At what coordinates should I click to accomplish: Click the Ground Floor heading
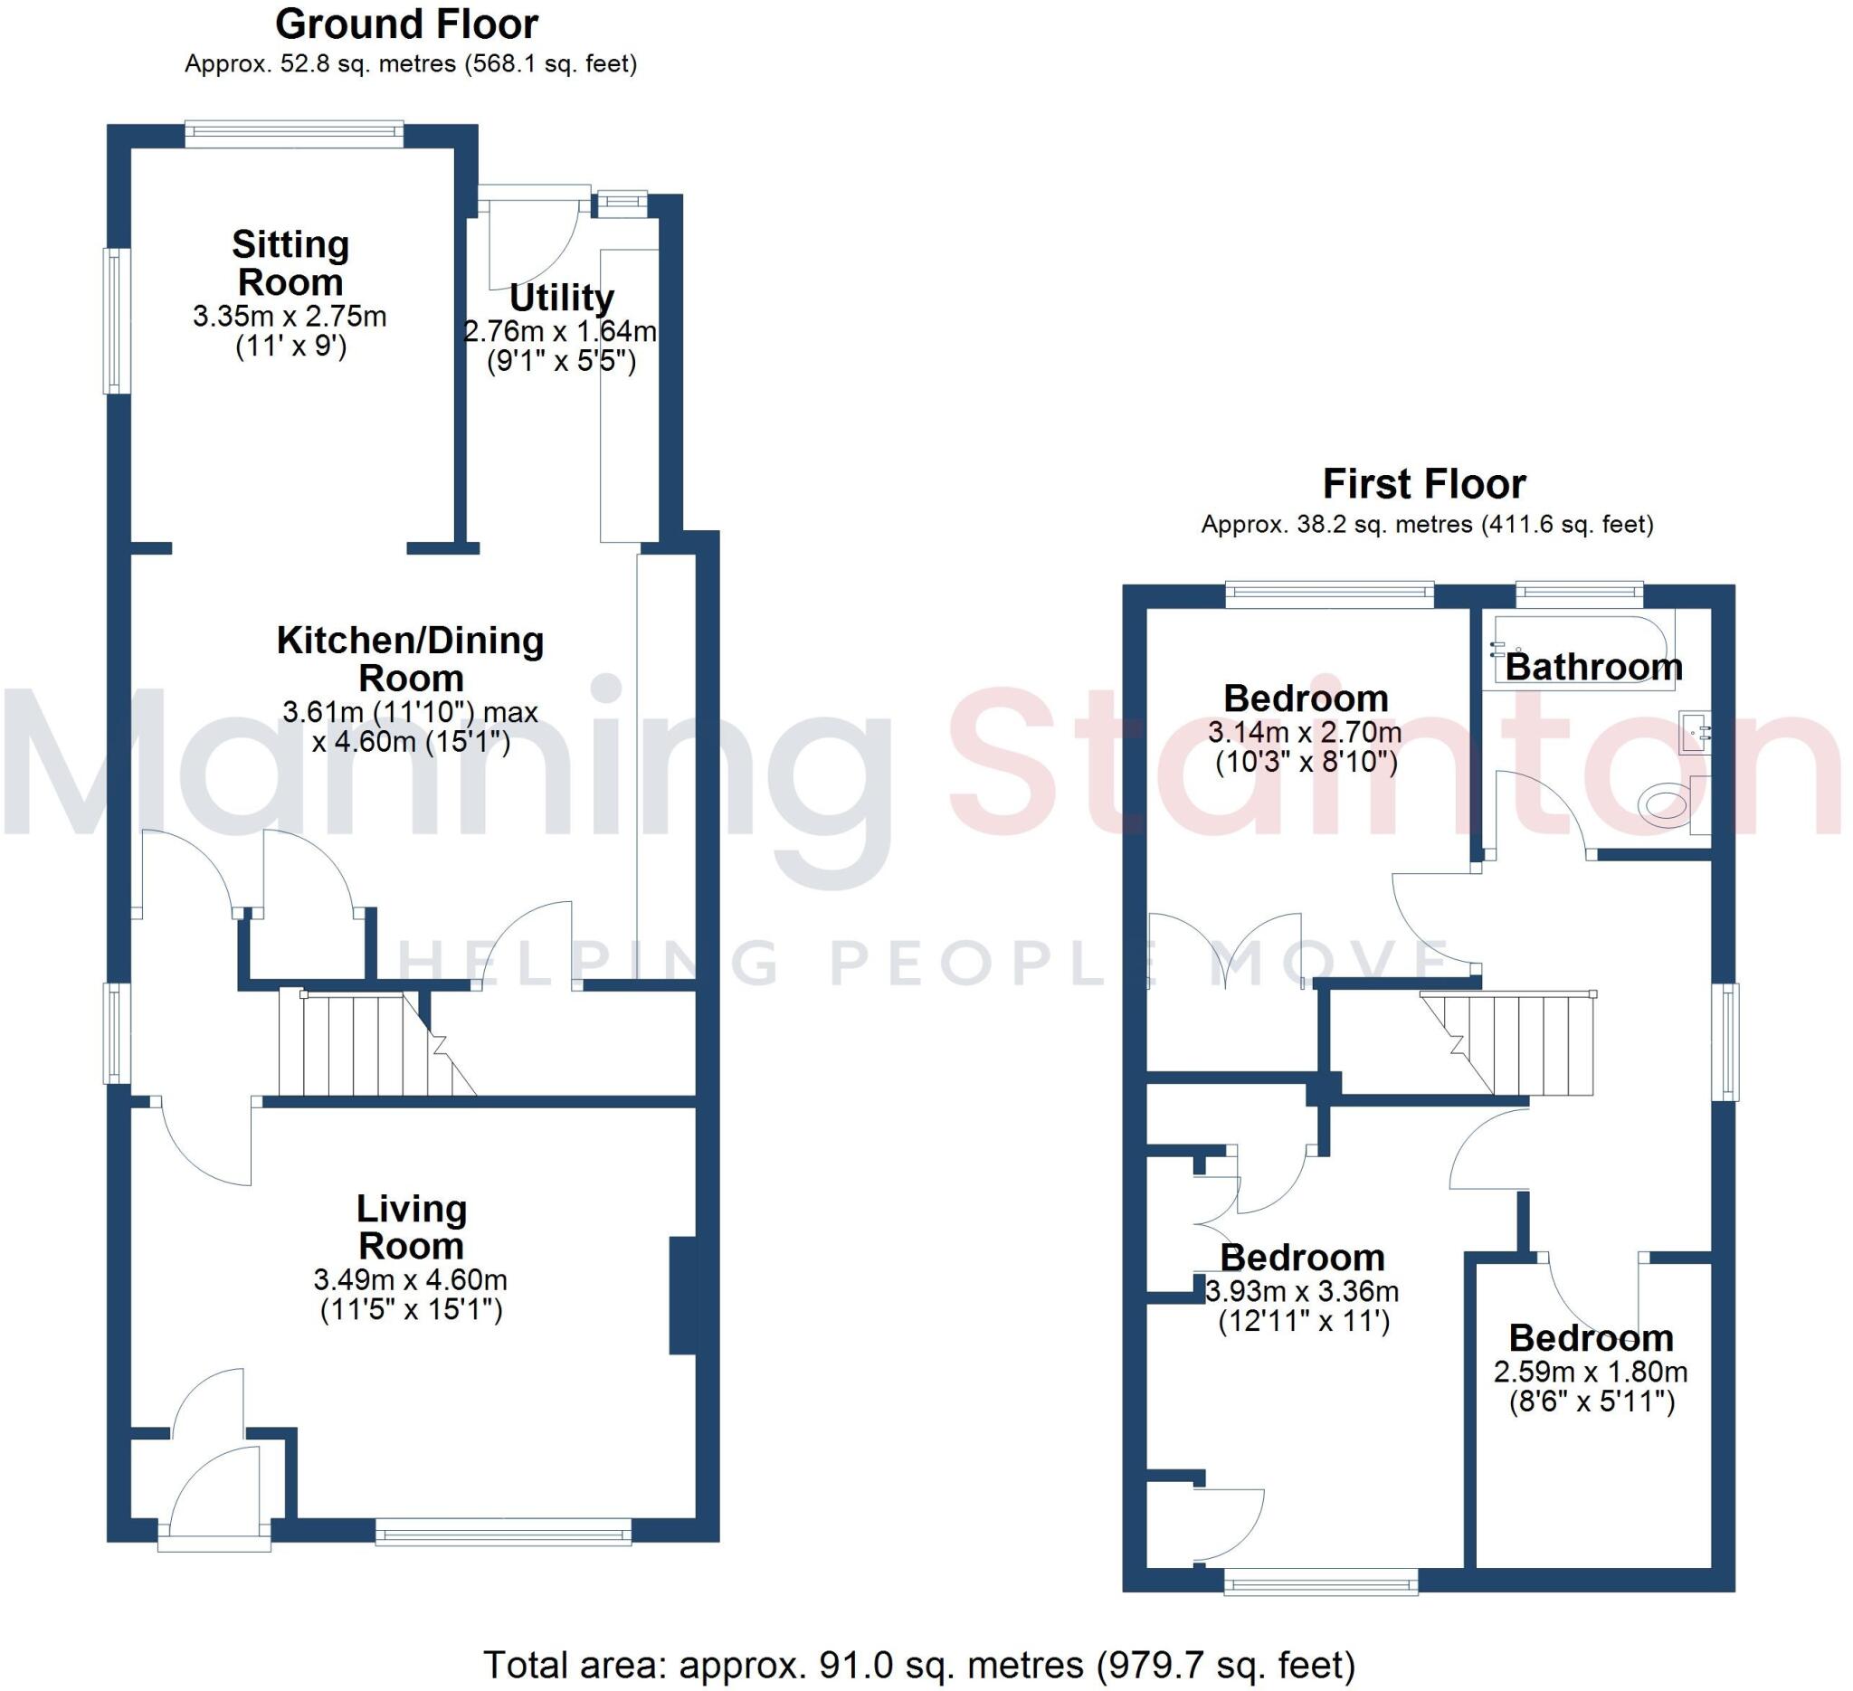(x=406, y=24)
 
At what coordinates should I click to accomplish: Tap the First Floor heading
(x=1424, y=484)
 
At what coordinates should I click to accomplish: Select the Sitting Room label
(x=290, y=263)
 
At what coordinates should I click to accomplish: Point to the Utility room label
(x=562, y=298)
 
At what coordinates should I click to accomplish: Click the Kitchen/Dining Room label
(x=410, y=659)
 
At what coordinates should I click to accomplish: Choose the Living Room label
(x=411, y=1227)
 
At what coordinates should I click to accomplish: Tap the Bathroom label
(x=1594, y=666)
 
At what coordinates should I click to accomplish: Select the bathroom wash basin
(x=1694, y=733)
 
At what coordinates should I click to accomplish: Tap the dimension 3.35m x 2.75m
(x=290, y=317)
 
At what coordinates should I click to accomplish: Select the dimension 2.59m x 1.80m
(x=1590, y=1373)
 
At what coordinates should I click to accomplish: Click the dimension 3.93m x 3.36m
(x=1301, y=1291)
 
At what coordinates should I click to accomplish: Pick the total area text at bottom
(x=919, y=1665)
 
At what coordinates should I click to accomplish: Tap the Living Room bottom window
(x=503, y=1531)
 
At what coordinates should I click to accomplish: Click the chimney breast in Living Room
(x=682, y=1296)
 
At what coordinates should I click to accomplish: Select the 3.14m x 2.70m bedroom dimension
(x=1305, y=733)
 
